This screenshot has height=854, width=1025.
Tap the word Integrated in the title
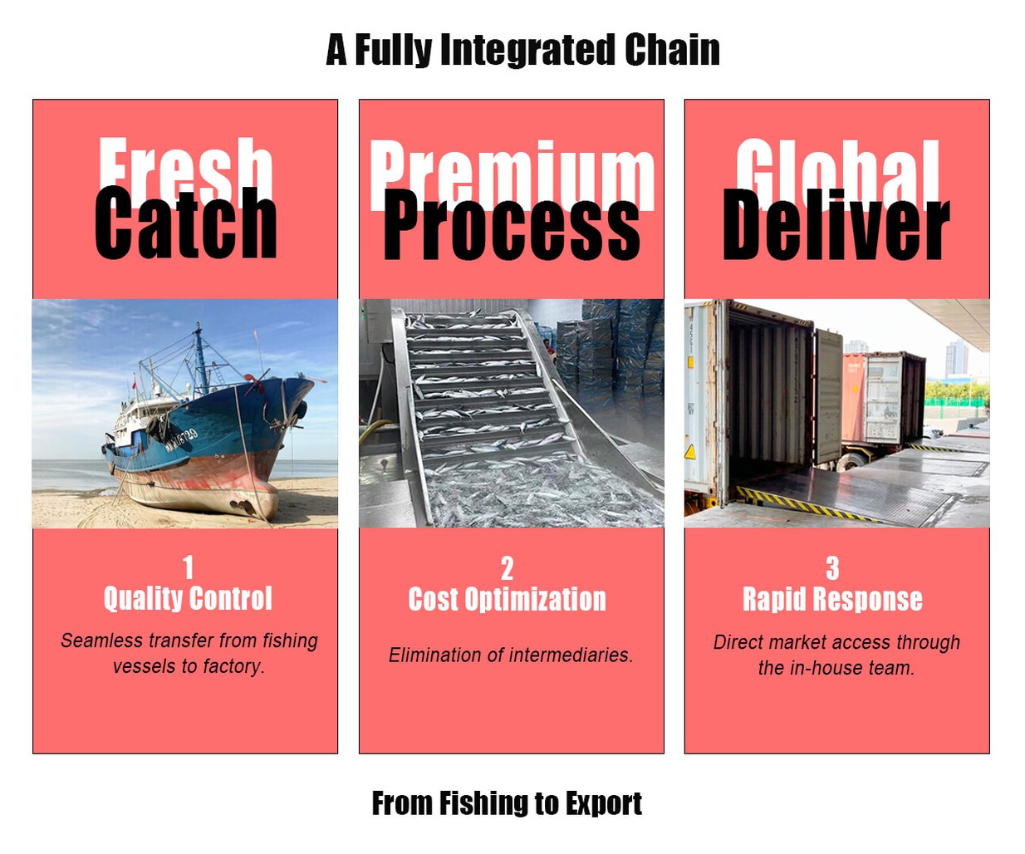pos(528,50)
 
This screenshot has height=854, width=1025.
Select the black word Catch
pos(185,223)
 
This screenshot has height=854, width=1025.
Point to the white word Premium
pos(512,174)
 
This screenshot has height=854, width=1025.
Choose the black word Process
pos(512,224)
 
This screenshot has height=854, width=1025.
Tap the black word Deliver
pos(836,224)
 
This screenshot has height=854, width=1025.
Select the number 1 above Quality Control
pos(188,567)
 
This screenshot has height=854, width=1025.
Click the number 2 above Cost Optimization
pos(507,569)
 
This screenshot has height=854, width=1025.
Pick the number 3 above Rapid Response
pos(832,567)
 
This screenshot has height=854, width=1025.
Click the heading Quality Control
pos(188,598)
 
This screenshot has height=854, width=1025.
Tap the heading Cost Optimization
pos(507,599)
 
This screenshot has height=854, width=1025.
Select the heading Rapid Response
pos(832,599)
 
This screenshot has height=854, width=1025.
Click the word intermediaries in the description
pos(571,655)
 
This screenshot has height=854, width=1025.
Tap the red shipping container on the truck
pos(853,398)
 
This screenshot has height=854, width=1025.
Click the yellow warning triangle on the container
pos(690,452)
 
